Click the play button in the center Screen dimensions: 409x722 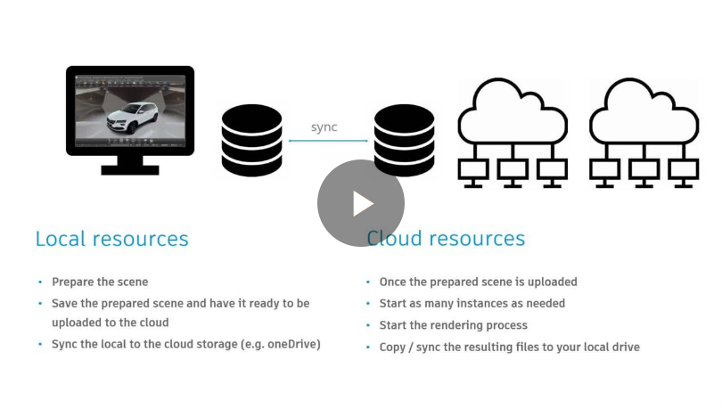tap(361, 203)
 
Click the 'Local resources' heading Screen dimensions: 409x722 tap(111, 239)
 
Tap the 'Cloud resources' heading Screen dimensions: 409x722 tap(446, 239)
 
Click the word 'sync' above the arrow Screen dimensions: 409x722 tap(324, 127)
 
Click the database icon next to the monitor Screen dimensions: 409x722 tap(251, 141)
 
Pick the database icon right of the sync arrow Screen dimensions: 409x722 tap(404, 141)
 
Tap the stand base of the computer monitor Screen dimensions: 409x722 tap(130, 168)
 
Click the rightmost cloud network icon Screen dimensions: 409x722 tap(644, 134)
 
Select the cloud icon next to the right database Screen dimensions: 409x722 tap(512, 134)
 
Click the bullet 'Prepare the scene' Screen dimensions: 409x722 tap(100, 282)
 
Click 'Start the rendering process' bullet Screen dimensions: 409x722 tap(453, 325)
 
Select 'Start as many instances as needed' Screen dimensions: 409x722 tap(472, 303)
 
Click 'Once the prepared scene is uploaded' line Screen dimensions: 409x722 tap(478, 282)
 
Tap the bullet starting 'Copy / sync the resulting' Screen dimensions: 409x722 tap(509, 347)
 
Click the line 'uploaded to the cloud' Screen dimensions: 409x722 tap(110, 323)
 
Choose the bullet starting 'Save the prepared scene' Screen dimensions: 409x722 tap(180, 303)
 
